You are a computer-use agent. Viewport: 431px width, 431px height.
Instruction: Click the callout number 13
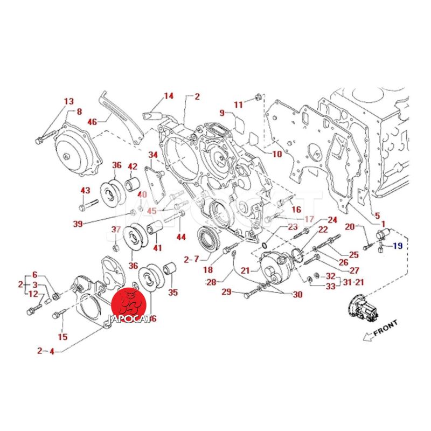(68, 101)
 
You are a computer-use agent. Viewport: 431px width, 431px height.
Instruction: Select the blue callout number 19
(397, 246)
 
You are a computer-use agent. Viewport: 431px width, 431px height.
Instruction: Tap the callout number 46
(92, 122)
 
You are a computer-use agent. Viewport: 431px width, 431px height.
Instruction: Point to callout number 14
(169, 96)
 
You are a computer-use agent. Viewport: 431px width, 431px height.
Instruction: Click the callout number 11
(238, 104)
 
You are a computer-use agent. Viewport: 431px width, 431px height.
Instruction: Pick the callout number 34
(153, 155)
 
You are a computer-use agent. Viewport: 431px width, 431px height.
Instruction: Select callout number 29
(227, 291)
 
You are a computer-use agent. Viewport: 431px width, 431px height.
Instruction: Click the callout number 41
(157, 248)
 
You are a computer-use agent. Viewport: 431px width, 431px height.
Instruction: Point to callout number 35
(172, 293)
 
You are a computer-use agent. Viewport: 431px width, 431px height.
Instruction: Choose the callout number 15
(62, 337)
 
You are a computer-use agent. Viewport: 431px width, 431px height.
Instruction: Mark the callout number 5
(377, 215)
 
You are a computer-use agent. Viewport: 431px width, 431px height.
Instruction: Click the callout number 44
(180, 237)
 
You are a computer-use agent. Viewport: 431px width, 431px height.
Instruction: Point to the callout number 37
(115, 230)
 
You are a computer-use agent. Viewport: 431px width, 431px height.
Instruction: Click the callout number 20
(349, 227)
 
